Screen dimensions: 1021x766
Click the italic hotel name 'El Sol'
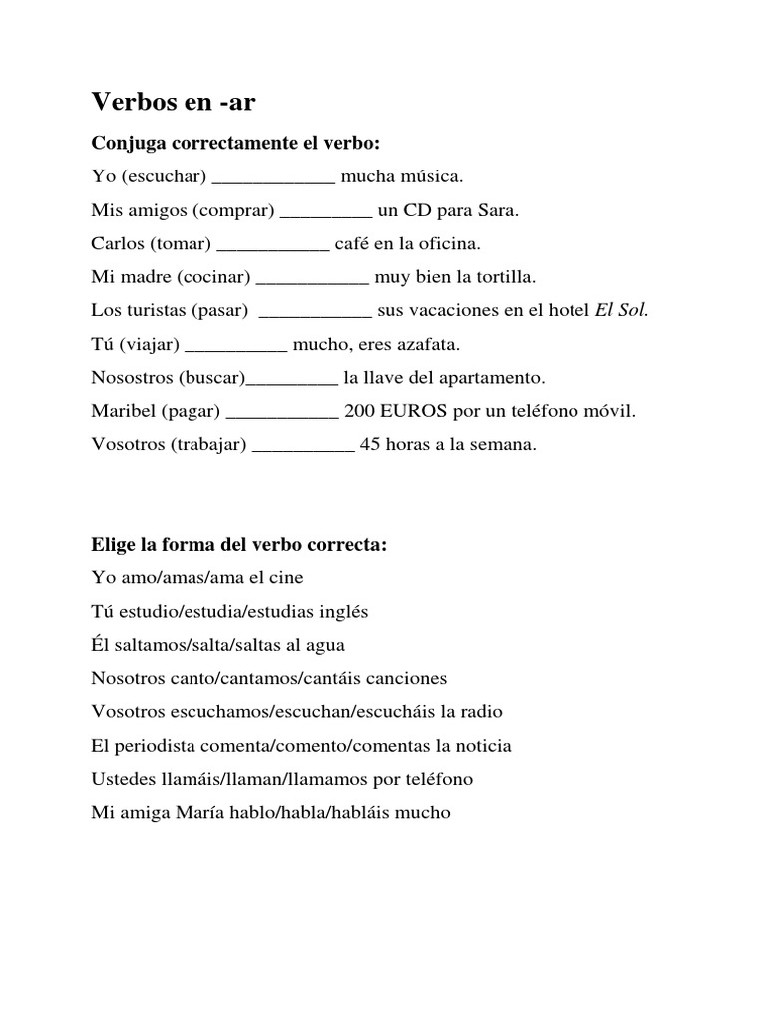tap(621, 310)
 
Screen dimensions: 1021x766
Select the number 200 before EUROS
tap(360, 411)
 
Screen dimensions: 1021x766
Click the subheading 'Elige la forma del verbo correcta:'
tap(238, 545)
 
